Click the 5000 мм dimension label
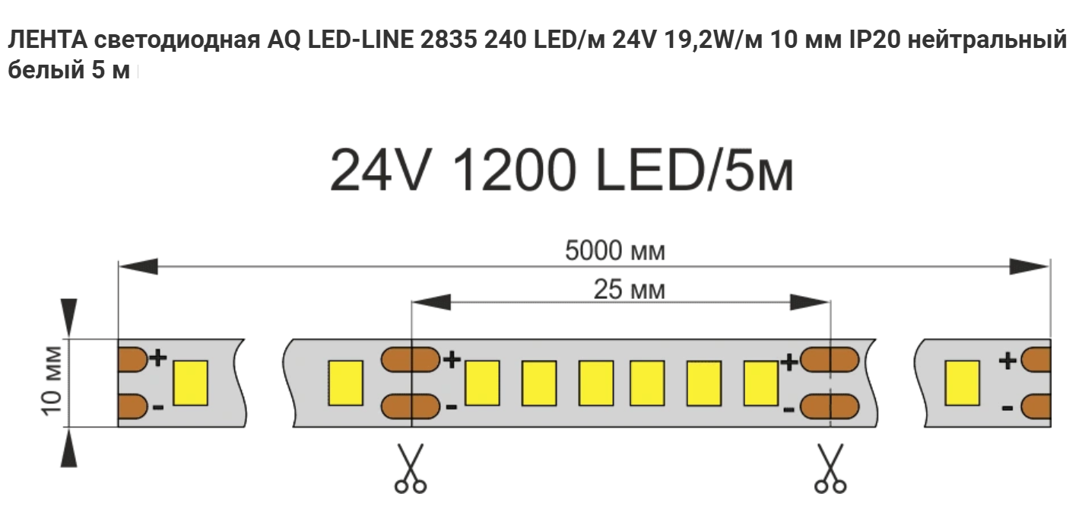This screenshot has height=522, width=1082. pyautogui.click(x=615, y=251)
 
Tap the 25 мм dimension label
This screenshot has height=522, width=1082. pyautogui.click(x=629, y=290)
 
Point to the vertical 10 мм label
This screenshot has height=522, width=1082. pyautogui.click(x=52, y=381)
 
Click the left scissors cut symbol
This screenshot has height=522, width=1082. pyautogui.click(x=411, y=468)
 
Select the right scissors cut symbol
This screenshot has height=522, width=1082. pyautogui.click(x=830, y=468)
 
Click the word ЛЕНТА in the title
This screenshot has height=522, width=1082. pyautogui.click(x=47, y=40)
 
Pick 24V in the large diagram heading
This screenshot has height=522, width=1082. pyautogui.click(x=379, y=170)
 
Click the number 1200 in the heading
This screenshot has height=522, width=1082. pyautogui.click(x=515, y=170)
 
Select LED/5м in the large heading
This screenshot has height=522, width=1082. pyautogui.click(x=695, y=170)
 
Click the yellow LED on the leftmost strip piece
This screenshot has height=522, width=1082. pyautogui.click(x=190, y=383)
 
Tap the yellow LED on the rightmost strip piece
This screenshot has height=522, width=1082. pyautogui.click(x=962, y=383)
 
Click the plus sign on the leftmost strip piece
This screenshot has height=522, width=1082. pyautogui.click(x=157, y=358)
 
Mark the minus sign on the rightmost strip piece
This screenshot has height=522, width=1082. pyautogui.click(x=1007, y=409)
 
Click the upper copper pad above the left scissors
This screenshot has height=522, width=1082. pyautogui.click(x=411, y=359)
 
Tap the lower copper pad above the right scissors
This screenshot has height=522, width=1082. pyautogui.click(x=830, y=406)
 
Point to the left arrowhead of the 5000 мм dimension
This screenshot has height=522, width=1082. pyautogui.click(x=138, y=266)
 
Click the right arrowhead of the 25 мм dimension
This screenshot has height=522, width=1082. pyautogui.click(x=810, y=303)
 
